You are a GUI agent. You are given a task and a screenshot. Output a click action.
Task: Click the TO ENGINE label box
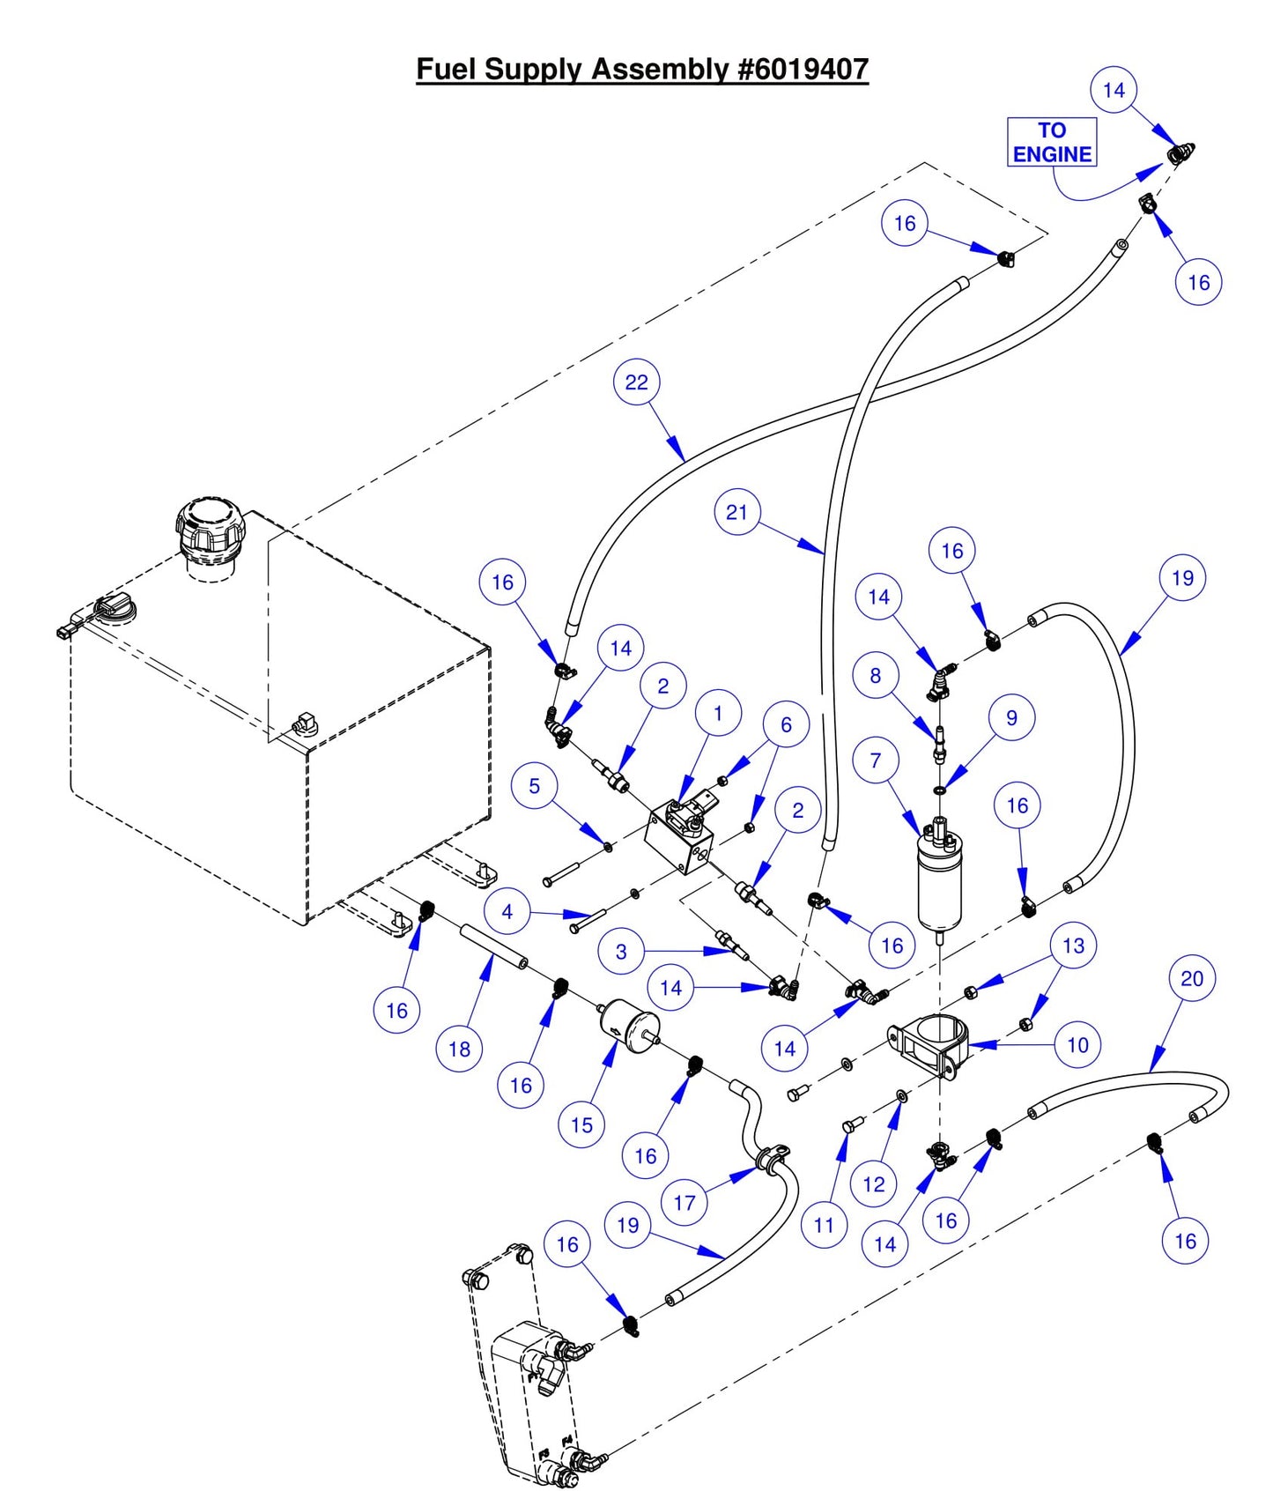coord(1051,142)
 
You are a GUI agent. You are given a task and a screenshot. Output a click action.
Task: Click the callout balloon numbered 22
coord(636,382)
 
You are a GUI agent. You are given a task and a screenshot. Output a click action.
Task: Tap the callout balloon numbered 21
coord(736,512)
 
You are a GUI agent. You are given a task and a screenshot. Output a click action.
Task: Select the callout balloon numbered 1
coord(717,713)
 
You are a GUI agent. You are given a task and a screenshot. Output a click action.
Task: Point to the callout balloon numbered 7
coord(875,760)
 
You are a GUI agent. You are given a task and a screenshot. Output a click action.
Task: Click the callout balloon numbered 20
coord(1191,978)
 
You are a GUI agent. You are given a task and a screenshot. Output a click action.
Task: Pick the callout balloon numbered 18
coord(459,1049)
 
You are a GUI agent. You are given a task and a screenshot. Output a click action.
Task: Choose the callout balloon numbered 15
coord(581,1124)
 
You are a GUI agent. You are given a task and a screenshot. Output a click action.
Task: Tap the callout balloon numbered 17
coord(685,1202)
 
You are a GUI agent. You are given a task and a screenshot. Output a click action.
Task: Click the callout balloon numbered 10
coord(1077,1045)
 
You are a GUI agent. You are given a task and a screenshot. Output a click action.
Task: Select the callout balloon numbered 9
coord(1011,717)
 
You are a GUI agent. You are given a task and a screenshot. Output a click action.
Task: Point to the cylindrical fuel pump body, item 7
coord(940,886)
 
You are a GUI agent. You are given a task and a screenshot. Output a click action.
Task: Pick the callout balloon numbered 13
coord(1073,946)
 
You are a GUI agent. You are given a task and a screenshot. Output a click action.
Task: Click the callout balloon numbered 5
coord(534,786)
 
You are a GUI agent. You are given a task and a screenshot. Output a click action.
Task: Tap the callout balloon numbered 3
coord(621,951)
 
